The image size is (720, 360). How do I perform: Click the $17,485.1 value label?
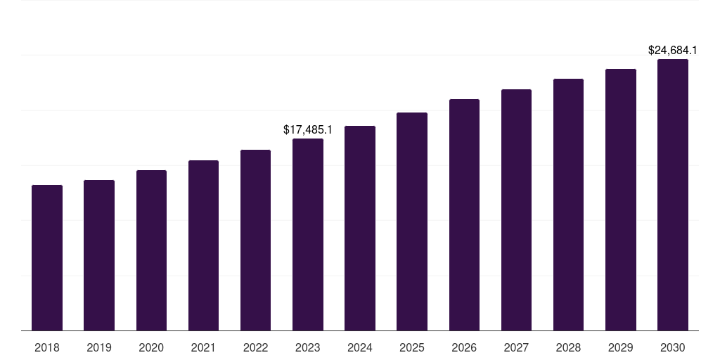(308, 129)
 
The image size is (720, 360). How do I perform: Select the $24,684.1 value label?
(673, 51)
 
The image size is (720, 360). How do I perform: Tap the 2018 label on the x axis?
(47, 347)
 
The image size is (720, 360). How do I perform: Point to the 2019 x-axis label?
(99, 347)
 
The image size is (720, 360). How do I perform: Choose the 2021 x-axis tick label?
(203, 347)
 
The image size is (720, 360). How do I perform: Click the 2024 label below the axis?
(360, 347)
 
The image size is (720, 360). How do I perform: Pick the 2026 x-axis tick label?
(464, 347)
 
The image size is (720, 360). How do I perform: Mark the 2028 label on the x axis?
(568, 347)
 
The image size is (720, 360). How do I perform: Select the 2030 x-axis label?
(673, 347)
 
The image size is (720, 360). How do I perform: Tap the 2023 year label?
(308, 347)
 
